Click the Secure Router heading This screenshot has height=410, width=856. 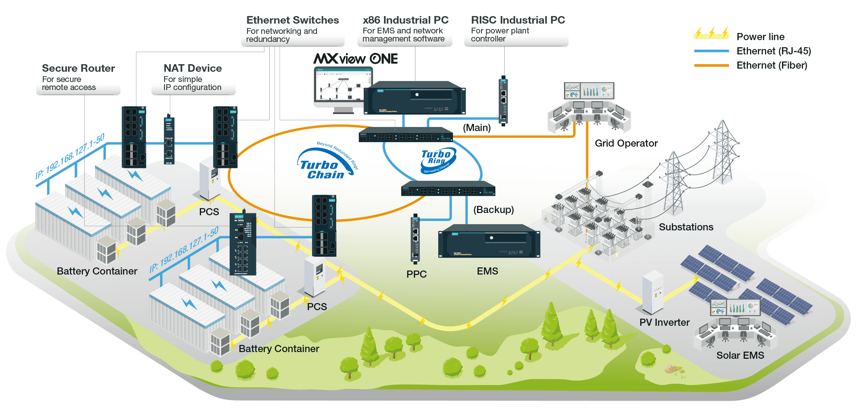78,68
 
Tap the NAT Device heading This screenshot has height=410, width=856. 193,68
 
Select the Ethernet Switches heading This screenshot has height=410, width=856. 292,20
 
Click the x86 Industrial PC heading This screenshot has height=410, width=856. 406,20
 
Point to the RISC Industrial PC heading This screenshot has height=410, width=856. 518,20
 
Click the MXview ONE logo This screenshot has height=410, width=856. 355,59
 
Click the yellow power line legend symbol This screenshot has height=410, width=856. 712,33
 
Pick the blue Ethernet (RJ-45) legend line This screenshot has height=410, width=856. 712,51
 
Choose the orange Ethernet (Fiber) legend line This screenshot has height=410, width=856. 712,66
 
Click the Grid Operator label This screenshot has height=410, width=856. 626,143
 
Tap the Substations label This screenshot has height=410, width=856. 686,227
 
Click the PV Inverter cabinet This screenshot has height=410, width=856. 652,292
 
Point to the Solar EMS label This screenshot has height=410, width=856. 740,355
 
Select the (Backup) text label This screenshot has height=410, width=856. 494,209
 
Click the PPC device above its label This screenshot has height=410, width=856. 415,238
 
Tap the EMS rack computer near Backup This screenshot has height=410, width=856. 489,242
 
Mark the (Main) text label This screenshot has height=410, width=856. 477,128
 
